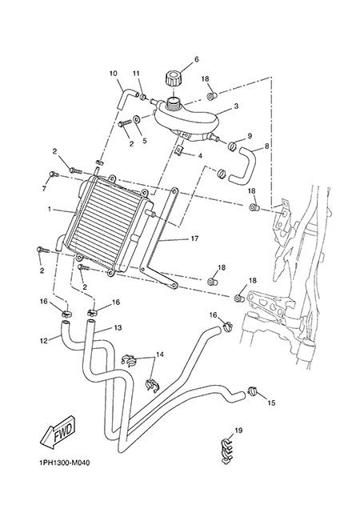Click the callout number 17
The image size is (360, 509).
[x=194, y=238]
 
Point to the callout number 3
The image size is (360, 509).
[x=236, y=106]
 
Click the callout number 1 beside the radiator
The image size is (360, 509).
[x=50, y=210]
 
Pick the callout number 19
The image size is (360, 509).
[x=238, y=431]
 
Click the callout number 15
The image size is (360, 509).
[x=271, y=403]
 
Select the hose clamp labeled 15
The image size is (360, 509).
[x=252, y=391]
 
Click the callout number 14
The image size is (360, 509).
[x=160, y=355]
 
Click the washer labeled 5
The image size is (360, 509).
[x=137, y=119]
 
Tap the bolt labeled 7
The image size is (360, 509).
[x=54, y=174]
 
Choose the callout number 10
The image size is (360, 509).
[x=114, y=74]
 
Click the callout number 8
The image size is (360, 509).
[x=267, y=146]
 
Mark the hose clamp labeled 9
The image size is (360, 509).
[x=233, y=146]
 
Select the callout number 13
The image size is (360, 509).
[x=118, y=328]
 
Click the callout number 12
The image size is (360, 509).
[x=44, y=341]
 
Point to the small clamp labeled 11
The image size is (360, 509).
[x=143, y=96]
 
